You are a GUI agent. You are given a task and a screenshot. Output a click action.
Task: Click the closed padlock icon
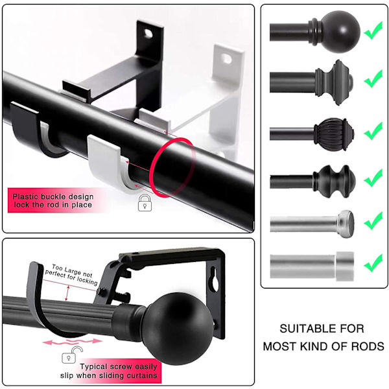click(145, 203)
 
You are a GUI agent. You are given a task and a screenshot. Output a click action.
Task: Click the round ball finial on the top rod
click(340, 32)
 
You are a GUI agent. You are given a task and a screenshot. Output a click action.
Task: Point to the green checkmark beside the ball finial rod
click(373, 30)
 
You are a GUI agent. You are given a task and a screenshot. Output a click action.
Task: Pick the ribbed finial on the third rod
click(334, 134)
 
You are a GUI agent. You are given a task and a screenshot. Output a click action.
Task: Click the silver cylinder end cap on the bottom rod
click(345, 266)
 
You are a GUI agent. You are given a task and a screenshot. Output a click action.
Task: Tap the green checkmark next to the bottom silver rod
click(373, 263)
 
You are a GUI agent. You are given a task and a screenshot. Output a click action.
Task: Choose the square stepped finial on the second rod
click(334, 82)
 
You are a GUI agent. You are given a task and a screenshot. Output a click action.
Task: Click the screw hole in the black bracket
click(148, 33)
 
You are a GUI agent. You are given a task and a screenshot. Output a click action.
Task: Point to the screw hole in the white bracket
click(226, 58)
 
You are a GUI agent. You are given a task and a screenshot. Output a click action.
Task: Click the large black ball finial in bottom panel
click(178, 329)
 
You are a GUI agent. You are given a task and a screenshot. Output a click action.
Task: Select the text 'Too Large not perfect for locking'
click(71, 275)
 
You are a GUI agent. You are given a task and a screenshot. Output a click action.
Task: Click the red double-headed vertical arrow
click(67, 293)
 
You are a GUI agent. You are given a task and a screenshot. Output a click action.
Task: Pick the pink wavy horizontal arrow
click(73, 342)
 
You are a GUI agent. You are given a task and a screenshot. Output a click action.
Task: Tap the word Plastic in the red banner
click(26, 196)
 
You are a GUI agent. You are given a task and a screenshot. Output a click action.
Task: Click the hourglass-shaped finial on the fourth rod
click(335, 182)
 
